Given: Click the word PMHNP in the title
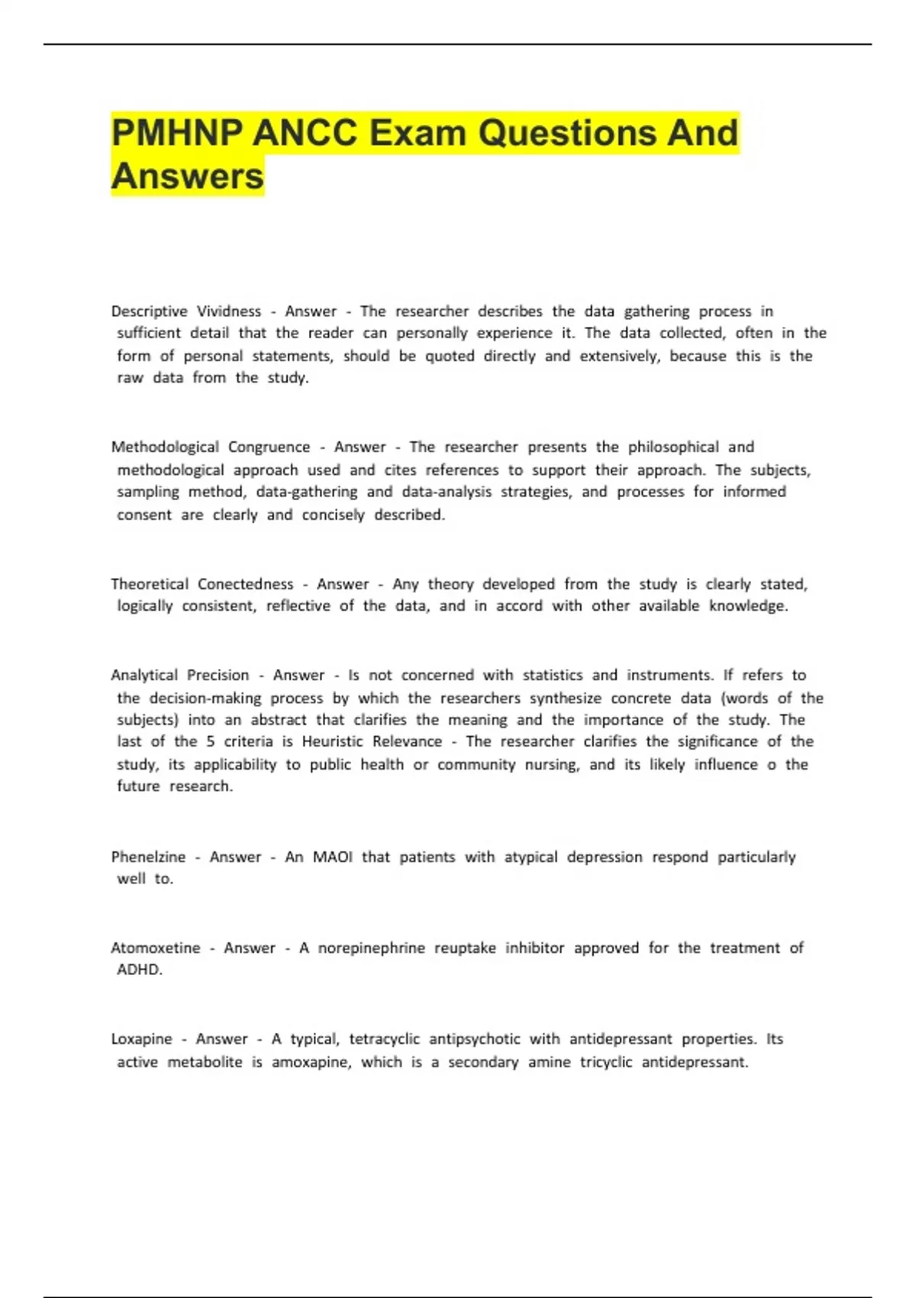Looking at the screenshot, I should pos(176,133).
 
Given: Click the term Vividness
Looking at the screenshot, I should pos(229,312).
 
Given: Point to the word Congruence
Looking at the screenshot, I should pos(269,447).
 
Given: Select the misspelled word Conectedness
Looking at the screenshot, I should pos(245,584).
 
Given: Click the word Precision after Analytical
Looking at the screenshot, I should pos(218,676).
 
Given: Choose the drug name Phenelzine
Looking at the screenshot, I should pos(148,857).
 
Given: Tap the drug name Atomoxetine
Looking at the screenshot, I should pos(155,948).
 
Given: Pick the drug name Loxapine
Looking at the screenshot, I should pos(141,1039).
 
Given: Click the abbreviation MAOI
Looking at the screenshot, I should pos(332,857).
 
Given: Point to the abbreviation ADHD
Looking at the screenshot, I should pos(139,970).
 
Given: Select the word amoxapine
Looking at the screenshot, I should pos(311,1062).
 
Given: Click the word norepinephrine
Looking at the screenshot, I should pos(371,948).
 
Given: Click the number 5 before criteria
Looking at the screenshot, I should pos(210,741).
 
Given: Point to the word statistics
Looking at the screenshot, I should pos(552,676).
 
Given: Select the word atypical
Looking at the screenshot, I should pos(531,857).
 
